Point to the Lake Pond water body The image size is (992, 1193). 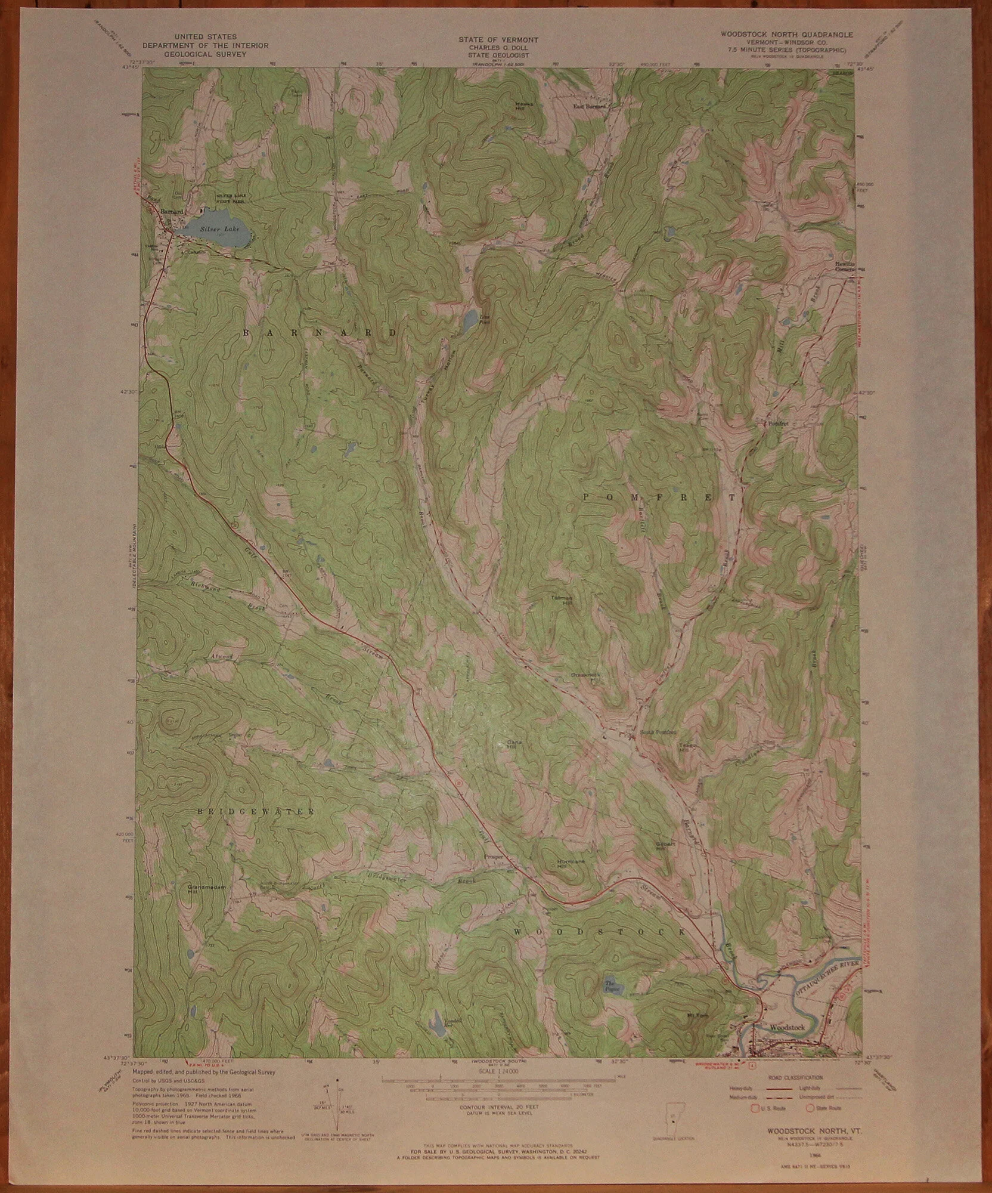470,319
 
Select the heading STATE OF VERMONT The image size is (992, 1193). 498,39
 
